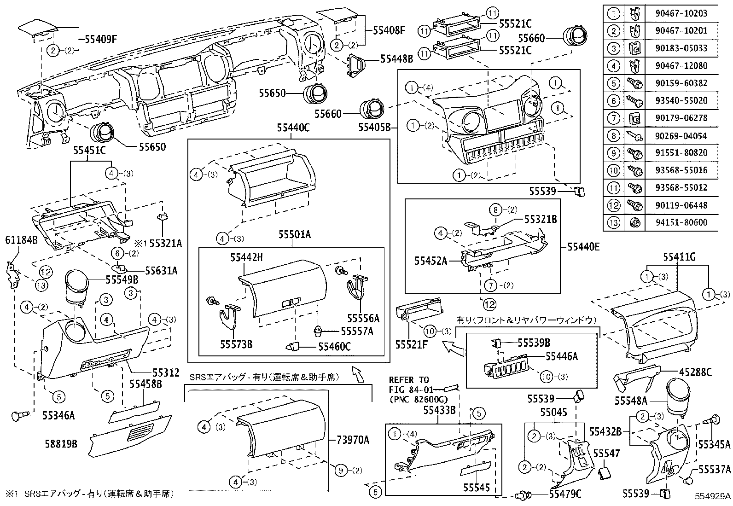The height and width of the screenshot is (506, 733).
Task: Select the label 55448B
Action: tap(396, 59)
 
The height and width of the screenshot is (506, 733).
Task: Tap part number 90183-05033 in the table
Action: tap(681, 48)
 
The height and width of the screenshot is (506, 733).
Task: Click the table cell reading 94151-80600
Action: tap(681, 223)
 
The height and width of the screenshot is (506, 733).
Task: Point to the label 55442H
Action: tap(247, 258)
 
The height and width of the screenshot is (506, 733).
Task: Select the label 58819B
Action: tap(61, 444)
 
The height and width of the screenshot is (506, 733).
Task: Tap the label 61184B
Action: tap(21, 240)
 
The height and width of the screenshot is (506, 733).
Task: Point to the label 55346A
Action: tap(58, 416)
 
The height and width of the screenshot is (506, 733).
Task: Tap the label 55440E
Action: tap(583, 247)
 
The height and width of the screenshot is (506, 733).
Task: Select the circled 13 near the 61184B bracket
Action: tap(41, 285)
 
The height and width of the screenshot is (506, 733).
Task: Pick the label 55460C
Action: tap(334, 346)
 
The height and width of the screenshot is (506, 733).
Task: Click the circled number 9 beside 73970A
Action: tap(341, 470)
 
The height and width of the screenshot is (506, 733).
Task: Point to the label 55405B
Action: tap(378, 126)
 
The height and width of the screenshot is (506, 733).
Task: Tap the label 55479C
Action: tap(565, 494)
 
